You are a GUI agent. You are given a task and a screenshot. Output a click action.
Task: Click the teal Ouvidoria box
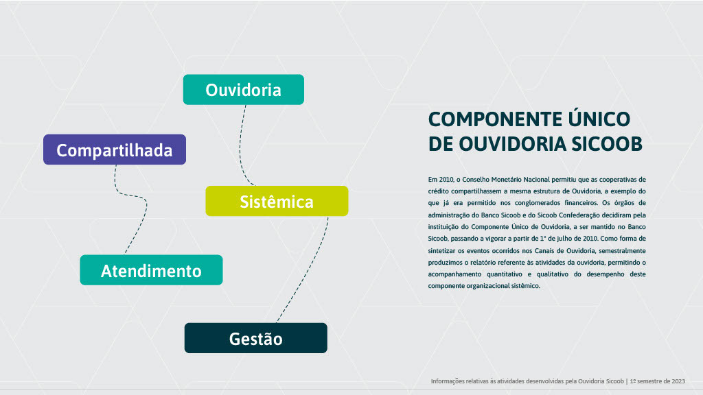(x=244, y=90)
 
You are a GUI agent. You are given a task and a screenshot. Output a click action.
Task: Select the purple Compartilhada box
(x=115, y=149)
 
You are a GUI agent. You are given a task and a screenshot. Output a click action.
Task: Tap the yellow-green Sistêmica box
(x=277, y=201)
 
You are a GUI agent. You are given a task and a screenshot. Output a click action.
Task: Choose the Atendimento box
(x=151, y=270)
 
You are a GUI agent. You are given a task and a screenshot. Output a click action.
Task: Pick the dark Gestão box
(x=255, y=338)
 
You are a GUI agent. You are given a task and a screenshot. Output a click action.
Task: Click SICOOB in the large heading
(x=607, y=144)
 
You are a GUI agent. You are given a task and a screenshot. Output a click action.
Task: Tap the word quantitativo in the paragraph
(x=505, y=274)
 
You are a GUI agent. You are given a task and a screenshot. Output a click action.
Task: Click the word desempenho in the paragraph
(x=606, y=274)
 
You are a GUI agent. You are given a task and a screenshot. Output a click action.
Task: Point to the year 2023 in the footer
(x=678, y=381)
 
